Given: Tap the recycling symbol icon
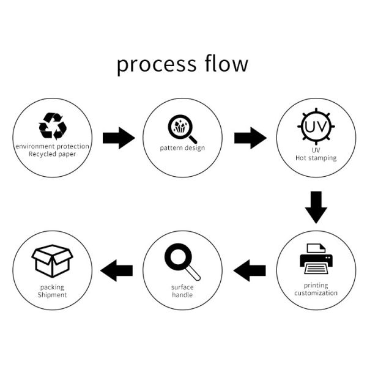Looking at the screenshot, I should pos(53,125).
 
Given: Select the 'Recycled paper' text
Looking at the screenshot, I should pos(53,154).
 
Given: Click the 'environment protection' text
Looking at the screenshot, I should pos(53,146).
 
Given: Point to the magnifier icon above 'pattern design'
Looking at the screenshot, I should pos(182,128).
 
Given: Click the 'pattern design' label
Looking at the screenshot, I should pos(182,148).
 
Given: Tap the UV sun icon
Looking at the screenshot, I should pos(316,127).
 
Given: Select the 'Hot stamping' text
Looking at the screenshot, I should pos(316,158).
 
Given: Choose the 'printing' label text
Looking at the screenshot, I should pos(316,285).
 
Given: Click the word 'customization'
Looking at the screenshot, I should pos(316,293).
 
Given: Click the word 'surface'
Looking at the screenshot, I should pos(182,287).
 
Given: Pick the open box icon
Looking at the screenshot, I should pos(52,261).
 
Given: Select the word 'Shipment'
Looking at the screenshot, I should pos(52,295).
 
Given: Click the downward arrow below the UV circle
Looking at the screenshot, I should pos(316,207).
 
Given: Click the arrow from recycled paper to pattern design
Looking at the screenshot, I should pos(118,138).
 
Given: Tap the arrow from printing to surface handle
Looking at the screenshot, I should pos(250,270).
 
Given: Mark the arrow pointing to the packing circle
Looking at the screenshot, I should pos(117,270).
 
